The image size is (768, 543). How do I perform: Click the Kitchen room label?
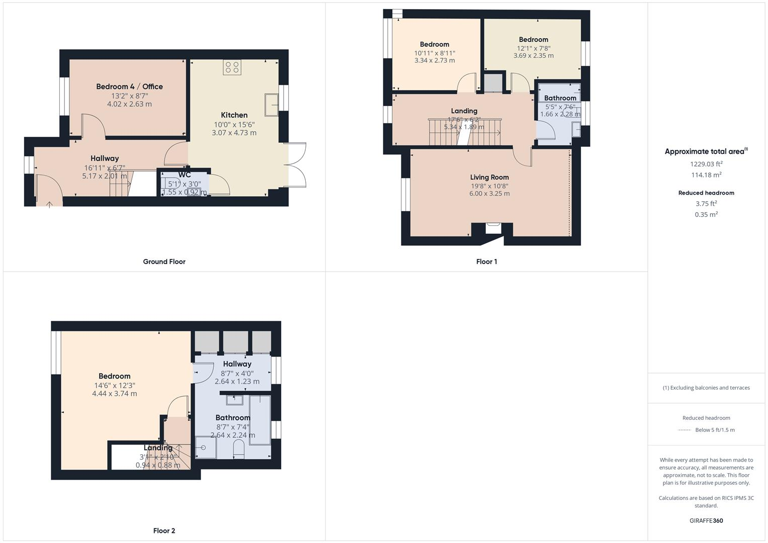[234, 115]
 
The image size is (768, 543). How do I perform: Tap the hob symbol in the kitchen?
[232, 67]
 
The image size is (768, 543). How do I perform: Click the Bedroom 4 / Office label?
[129, 86]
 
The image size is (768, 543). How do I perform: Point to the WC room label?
[184, 175]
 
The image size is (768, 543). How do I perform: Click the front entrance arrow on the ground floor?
[49, 204]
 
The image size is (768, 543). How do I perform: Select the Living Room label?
[489, 177]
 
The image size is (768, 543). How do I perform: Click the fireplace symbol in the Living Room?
[493, 228]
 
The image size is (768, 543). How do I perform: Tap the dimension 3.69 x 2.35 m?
[533, 56]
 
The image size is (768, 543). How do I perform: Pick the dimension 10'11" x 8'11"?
[435, 53]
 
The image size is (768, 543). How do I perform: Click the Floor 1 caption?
[486, 261]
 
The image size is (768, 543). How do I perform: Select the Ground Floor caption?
[164, 261]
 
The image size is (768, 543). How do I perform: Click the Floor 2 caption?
[164, 530]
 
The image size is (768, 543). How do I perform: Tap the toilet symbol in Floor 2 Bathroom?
[238, 449]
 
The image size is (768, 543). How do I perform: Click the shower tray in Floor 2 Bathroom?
[205, 447]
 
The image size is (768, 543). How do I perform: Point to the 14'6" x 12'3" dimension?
[115, 385]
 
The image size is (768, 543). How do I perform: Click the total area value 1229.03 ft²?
[706, 164]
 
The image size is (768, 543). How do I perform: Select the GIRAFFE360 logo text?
[706, 520]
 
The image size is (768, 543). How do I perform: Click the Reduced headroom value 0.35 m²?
[706, 215]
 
